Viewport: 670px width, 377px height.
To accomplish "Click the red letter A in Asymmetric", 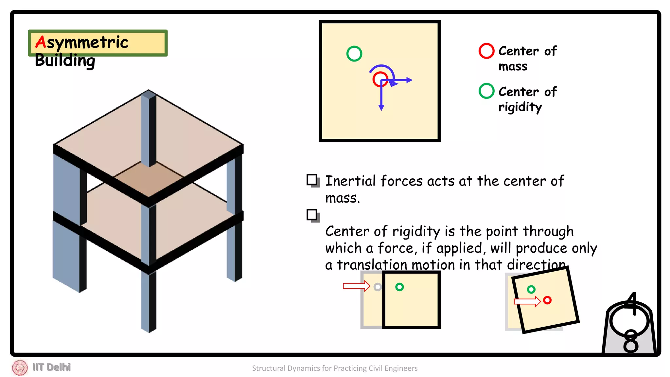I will coord(41,42).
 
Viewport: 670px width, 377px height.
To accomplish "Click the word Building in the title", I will coord(65,61).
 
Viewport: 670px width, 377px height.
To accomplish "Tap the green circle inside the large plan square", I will coord(354,54).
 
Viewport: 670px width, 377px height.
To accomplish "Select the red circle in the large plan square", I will coord(380,79).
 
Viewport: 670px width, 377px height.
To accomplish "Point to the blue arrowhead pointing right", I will coord(409,80).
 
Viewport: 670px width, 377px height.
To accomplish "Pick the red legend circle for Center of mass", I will coord(486,51).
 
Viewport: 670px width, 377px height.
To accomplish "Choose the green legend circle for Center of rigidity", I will coord(486,91).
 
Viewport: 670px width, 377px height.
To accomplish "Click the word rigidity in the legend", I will coord(520,107).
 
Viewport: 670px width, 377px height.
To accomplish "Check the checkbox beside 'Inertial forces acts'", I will coord(312,180).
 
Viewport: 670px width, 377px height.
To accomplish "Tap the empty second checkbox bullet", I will coord(312,215).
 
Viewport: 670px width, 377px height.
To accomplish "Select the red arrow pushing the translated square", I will coord(356,286).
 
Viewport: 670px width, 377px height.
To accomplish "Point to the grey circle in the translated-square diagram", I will coord(378,287).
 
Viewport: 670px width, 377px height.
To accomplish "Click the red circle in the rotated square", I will coord(547,300).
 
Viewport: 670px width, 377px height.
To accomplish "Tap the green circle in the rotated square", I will coord(531,289).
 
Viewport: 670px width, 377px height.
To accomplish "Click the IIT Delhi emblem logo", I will coord(20,368).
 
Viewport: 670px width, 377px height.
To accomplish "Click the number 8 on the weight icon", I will coord(630,342).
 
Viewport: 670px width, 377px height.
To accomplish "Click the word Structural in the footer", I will coord(268,368).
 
